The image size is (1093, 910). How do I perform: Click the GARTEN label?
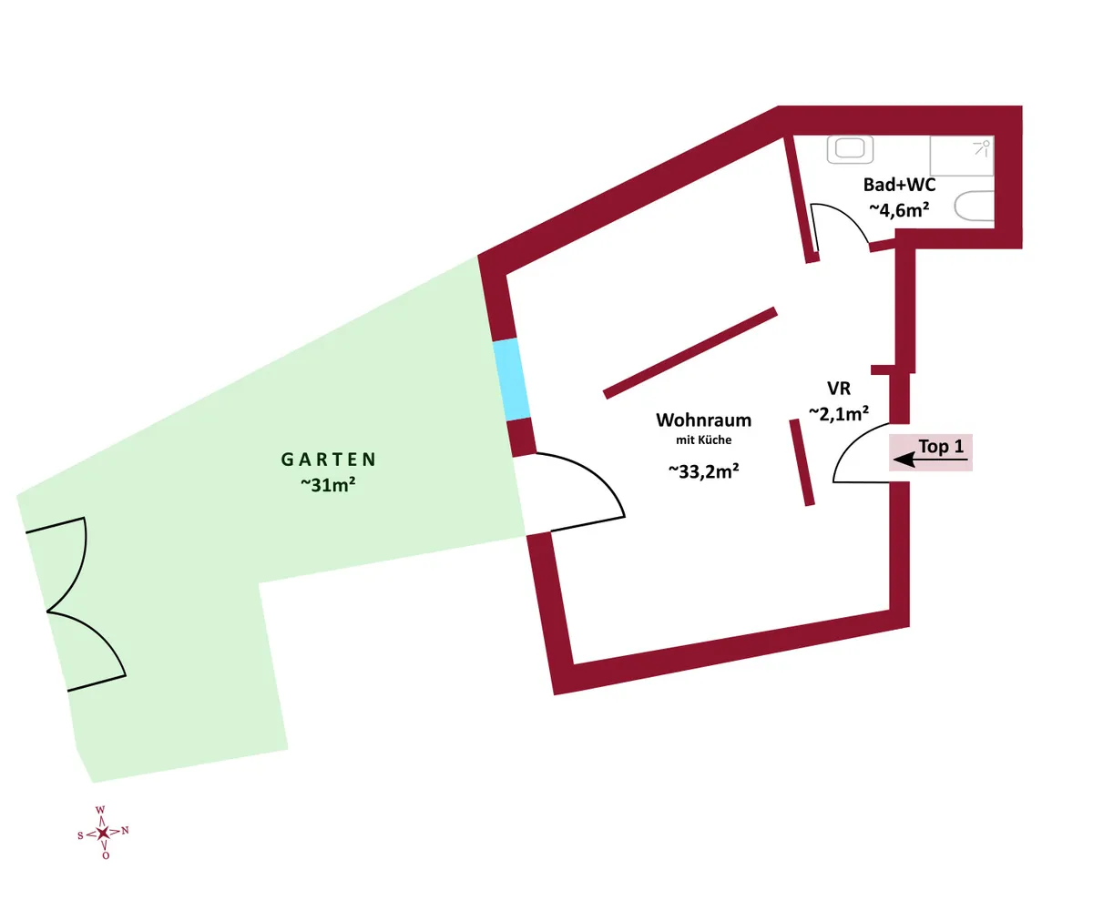click(328, 460)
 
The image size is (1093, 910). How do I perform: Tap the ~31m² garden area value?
click(328, 485)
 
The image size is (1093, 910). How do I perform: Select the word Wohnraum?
click(703, 420)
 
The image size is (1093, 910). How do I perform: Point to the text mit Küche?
click(703, 440)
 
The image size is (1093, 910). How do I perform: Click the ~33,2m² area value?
click(703, 471)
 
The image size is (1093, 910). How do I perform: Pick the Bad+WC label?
click(899, 185)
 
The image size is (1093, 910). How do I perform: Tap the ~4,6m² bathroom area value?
click(899, 209)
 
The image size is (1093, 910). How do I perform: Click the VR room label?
click(839, 388)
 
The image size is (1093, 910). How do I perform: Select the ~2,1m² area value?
click(839, 414)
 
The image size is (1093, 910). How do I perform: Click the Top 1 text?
click(941, 446)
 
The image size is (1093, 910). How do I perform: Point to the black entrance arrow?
click(930, 460)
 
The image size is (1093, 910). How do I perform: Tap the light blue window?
click(511, 379)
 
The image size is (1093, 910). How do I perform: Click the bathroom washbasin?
click(850, 149)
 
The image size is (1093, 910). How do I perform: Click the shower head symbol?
click(982, 148)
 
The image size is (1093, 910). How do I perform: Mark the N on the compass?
click(125, 830)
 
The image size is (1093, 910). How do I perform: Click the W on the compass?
click(100, 810)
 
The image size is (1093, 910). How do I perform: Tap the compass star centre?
click(103, 833)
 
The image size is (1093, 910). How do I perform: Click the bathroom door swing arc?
click(843, 217)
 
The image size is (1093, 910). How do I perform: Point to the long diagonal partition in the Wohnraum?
click(690, 353)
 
